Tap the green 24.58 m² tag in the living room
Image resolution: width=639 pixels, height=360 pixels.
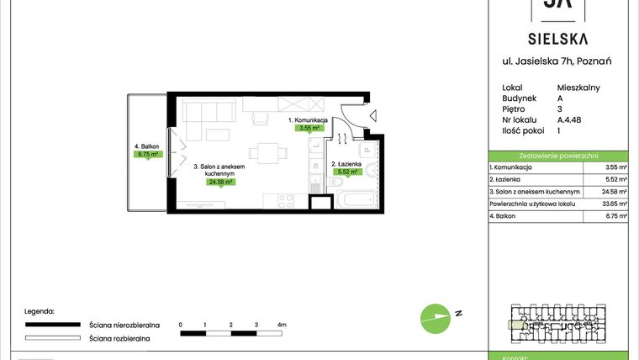point(221,181)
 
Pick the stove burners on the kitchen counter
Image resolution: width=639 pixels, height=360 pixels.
point(283,200)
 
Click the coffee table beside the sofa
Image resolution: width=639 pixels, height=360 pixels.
point(218,135)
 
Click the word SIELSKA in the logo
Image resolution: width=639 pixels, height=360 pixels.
point(557,38)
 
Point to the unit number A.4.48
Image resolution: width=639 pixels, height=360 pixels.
point(570,120)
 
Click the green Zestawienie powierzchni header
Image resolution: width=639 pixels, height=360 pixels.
point(558,156)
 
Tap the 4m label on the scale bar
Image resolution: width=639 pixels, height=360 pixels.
point(282,324)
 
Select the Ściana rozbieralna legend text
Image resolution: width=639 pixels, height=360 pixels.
point(119,337)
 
